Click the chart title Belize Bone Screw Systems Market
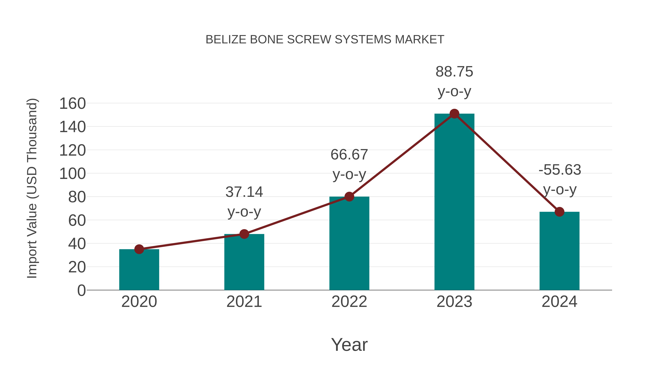[325, 40]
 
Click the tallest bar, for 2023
[454, 202]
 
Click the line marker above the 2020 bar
[139, 249]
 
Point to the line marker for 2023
[454, 114]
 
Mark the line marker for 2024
[559, 212]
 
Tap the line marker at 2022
[349, 196]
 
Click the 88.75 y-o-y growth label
[454, 81]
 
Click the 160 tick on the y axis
[72, 104]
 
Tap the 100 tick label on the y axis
[72, 174]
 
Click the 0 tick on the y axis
[81, 290]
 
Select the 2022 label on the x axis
[349, 302]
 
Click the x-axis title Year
[349, 344]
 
